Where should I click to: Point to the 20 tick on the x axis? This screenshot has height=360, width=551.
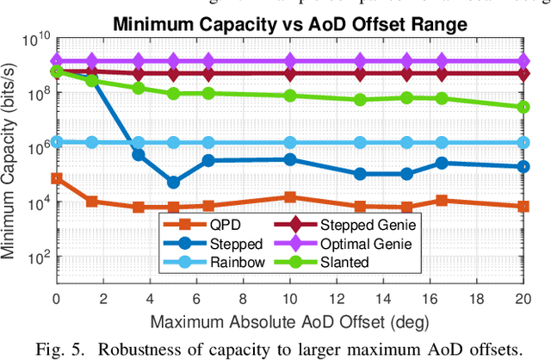pyautogui.click(x=522, y=300)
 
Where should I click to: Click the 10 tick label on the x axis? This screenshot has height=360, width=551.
pyautogui.click(x=289, y=300)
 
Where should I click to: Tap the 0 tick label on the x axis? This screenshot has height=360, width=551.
pyautogui.click(x=57, y=300)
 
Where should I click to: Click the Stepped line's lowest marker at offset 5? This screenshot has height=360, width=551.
pyautogui.click(x=173, y=182)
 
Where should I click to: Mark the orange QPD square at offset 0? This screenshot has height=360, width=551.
pyautogui.click(x=57, y=178)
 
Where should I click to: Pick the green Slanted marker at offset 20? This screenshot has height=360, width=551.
pyautogui.click(x=522, y=107)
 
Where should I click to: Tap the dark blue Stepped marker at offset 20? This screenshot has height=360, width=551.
pyautogui.click(x=522, y=167)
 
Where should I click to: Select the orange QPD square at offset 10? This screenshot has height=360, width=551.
pyautogui.click(x=289, y=197)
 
